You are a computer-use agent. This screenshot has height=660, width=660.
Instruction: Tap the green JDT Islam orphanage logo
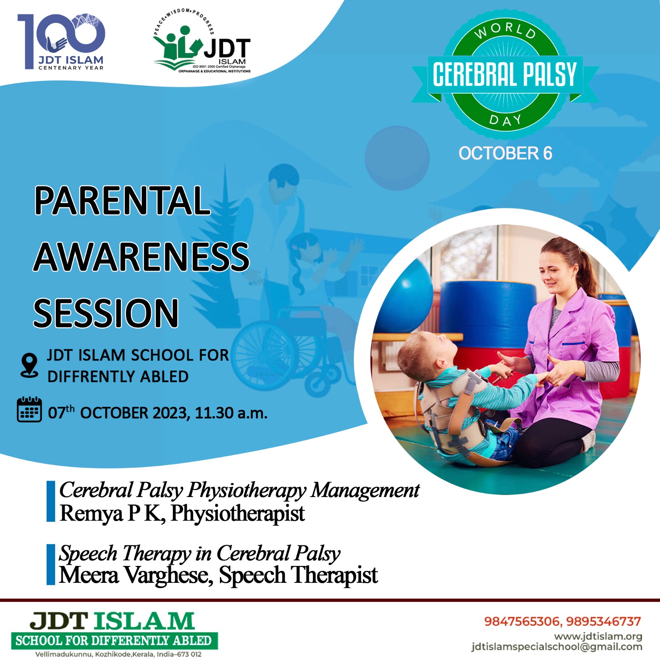coord(202,41)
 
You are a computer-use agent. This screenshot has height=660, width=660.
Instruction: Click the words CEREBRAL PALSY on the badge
coord(504,75)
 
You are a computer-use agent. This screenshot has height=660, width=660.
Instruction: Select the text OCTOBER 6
coord(505,153)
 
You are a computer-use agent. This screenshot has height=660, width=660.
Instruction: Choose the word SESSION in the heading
coord(106,313)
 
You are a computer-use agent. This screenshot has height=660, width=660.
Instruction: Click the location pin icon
coord(29,365)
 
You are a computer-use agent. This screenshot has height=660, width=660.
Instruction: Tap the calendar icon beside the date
coord(29,409)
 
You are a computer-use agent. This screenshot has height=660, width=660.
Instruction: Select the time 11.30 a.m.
coord(231,413)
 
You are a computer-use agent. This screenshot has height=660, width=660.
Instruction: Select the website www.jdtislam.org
coord(598,636)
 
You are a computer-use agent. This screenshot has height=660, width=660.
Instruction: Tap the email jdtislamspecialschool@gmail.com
coord(557,647)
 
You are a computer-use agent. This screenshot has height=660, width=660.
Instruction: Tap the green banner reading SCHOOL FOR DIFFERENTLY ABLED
coord(114,641)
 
